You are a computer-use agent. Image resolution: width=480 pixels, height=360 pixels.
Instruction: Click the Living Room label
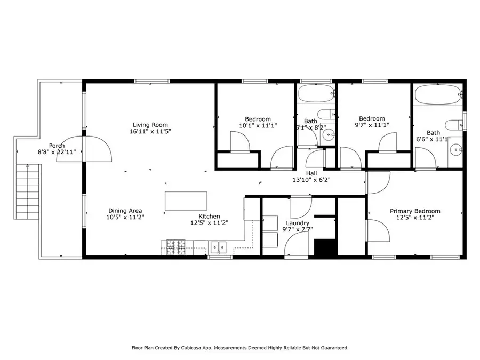click(x=150, y=125)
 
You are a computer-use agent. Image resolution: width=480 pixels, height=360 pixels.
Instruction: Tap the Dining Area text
click(x=125, y=210)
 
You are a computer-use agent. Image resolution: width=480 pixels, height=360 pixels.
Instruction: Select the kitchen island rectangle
click(x=186, y=201)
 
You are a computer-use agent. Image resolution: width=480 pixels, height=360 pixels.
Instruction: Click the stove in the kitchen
click(x=177, y=246)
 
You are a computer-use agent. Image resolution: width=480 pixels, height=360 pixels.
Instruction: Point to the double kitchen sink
click(x=218, y=247)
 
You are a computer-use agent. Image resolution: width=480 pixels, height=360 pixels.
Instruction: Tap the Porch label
click(x=57, y=146)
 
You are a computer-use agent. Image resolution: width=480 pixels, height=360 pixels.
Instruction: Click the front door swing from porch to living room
click(x=98, y=148)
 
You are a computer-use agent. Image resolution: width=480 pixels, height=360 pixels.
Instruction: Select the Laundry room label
click(x=298, y=223)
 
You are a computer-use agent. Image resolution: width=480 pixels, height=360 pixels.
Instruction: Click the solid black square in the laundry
click(x=324, y=247)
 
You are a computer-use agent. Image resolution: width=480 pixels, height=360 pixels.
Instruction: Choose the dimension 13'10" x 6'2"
click(x=312, y=180)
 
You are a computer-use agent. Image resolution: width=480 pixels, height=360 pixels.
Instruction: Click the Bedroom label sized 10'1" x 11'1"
click(x=258, y=119)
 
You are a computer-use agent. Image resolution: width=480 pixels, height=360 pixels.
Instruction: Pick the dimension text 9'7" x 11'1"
click(x=372, y=125)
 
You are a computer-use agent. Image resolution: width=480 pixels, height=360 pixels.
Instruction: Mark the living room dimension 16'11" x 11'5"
click(x=150, y=131)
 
